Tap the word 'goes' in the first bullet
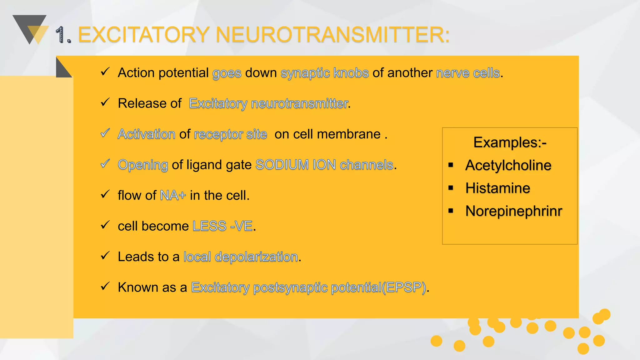tap(227, 73)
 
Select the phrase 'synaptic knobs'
tap(325, 73)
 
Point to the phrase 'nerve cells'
tap(468, 73)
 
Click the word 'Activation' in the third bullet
tap(146, 134)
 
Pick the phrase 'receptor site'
tap(230, 134)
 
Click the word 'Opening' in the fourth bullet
tap(143, 165)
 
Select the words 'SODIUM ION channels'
tap(324, 165)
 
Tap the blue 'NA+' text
tap(173, 195)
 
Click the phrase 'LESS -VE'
tap(222, 226)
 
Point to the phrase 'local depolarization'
tap(241, 257)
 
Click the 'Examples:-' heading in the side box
tap(510, 142)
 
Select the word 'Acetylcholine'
tap(508, 165)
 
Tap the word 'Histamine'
tap(497, 188)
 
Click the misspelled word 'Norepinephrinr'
tap(513, 211)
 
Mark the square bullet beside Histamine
tap(451, 188)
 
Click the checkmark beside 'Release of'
tap(105, 102)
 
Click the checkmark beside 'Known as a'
tap(105, 286)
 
